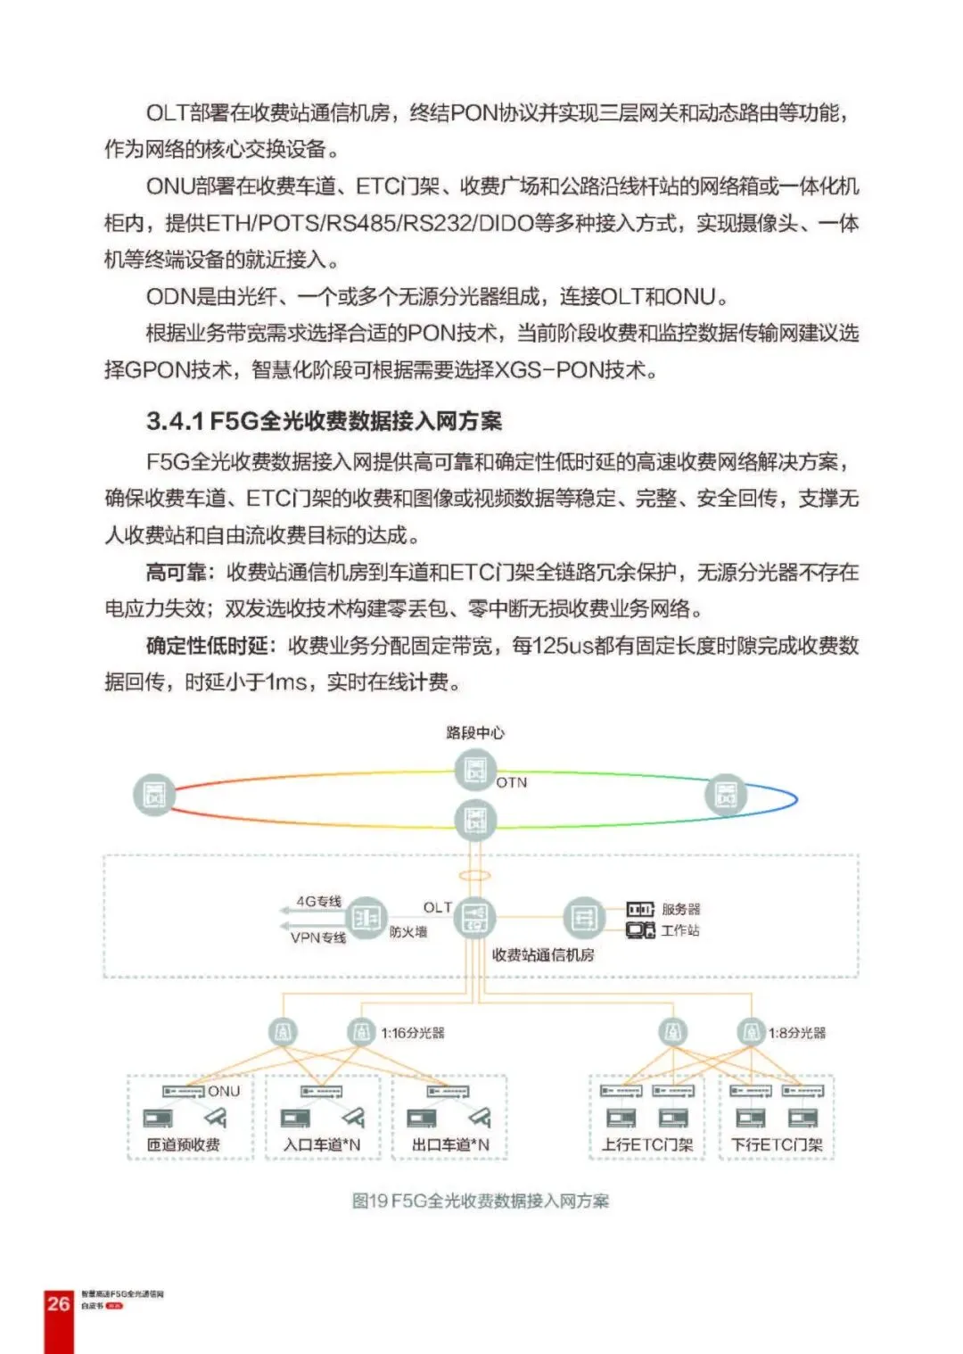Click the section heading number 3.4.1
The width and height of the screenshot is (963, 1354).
click(176, 421)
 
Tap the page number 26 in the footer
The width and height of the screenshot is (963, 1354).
click(59, 1303)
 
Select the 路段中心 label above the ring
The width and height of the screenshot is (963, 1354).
click(475, 732)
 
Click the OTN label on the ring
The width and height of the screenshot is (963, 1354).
click(512, 782)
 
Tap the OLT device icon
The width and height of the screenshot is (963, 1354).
click(475, 918)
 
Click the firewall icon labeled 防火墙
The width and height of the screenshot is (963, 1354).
click(366, 918)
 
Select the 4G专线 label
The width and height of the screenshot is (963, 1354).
click(319, 901)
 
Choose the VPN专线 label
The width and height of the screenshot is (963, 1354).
click(318, 937)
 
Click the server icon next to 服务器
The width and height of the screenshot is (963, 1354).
click(640, 909)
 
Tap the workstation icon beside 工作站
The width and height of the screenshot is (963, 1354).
click(640, 930)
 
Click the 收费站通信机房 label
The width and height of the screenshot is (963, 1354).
click(543, 954)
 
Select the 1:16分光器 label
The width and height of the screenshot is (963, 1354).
click(413, 1033)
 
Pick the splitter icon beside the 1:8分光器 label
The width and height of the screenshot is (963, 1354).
click(750, 1033)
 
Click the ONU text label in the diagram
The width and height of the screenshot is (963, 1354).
click(224, 1091)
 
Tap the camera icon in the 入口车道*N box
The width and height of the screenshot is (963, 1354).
click(353, 1117)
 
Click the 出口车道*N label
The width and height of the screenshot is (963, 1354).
click(450, 1144)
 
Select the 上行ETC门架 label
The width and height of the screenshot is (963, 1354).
click(647, 1144)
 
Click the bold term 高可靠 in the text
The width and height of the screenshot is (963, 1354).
click(177, 572)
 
